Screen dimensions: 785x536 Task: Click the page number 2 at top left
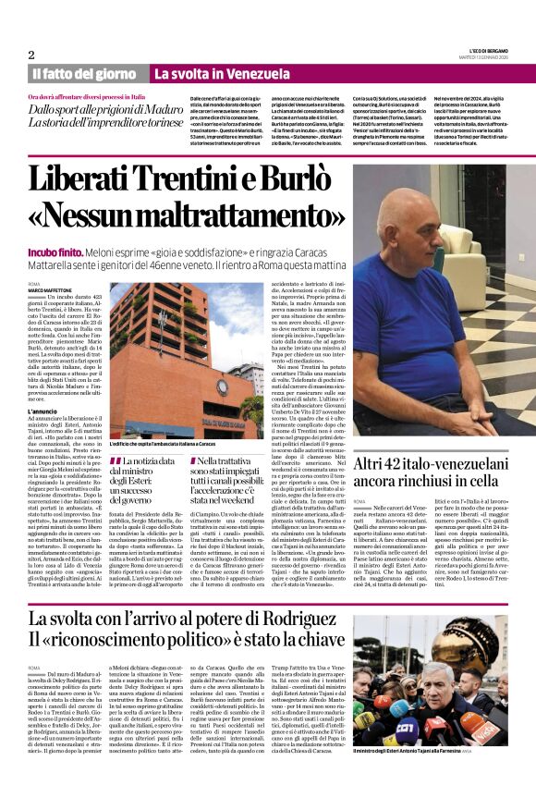coord(31,55)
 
